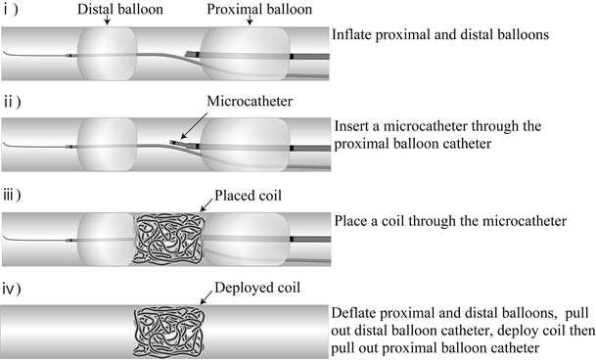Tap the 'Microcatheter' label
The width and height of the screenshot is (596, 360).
(x=244, y=102)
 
